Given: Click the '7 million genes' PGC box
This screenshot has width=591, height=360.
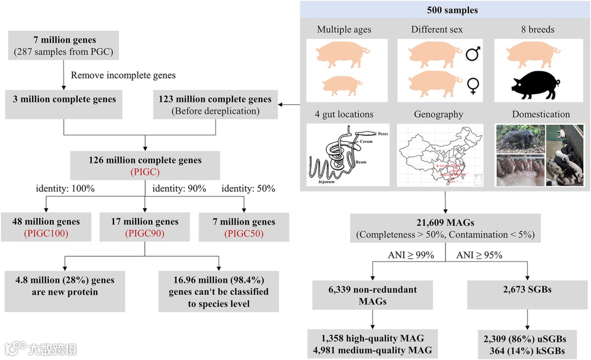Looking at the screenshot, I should (64, 46).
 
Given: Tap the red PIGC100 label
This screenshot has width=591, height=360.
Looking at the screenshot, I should (46, 234).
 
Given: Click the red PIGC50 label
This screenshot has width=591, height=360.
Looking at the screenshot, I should (244, 234).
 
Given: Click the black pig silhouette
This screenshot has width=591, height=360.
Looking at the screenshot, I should (535, 85).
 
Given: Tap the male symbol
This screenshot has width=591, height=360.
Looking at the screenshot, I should (473, 54).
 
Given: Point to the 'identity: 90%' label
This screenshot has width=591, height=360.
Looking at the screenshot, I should (179, 189).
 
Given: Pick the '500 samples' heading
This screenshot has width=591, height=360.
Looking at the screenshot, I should (445, 10).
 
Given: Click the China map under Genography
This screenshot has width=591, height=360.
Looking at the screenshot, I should (439, 155).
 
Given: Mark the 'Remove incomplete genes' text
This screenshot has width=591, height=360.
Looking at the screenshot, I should (123, 75).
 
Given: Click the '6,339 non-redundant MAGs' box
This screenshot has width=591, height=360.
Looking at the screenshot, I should (372, 295).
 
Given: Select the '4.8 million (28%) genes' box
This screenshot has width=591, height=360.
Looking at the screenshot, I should (65, 286).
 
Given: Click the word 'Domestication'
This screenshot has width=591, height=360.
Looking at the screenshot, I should (541, 114).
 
